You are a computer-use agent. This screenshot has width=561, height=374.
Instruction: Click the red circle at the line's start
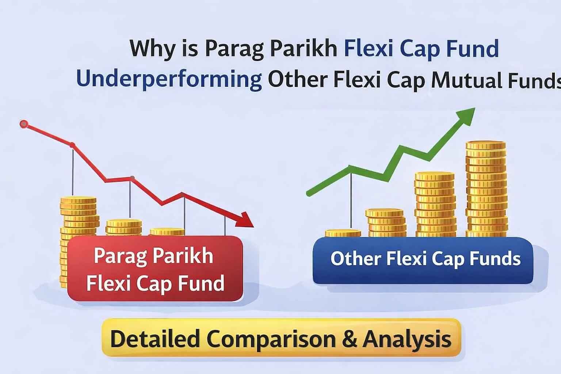[x=24, y=124]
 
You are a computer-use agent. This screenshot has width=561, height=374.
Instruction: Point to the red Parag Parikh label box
[x=155, y=268]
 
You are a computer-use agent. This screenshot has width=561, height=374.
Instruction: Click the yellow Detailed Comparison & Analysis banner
[x=281, y=338]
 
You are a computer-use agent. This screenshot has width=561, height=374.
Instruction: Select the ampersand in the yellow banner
[x=350, y=339]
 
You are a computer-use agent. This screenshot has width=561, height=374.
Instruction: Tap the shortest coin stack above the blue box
[x=343, y=233]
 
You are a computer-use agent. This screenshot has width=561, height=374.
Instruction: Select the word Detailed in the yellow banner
[x=155, y=338]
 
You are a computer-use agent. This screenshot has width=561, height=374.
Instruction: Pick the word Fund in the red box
[x=201, y=283]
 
